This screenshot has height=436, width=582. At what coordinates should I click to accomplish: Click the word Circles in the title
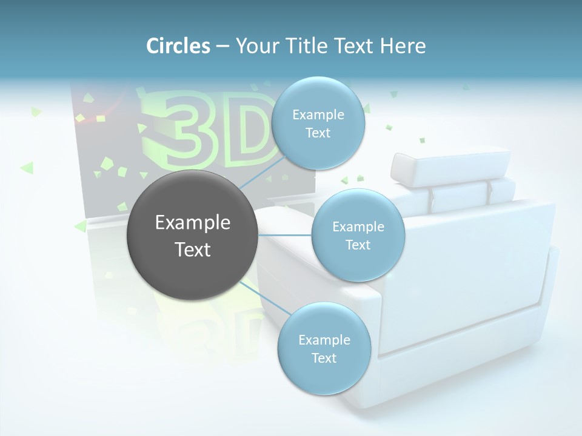click(178, 45)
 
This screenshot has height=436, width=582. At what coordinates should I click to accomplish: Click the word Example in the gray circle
click(193, 223)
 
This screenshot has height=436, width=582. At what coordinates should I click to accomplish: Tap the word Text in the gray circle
click(193, 249)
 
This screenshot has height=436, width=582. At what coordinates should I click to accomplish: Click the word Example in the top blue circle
click(318, 115)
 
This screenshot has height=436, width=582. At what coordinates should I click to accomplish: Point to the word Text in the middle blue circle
click(358, 245)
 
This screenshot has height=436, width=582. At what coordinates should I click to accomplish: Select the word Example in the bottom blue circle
click(324, 340)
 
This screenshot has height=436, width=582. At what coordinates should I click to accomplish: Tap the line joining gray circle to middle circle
click(285, 235)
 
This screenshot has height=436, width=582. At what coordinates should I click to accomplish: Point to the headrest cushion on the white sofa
click(450, 165)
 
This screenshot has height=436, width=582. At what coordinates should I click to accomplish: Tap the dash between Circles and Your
click(222, 46)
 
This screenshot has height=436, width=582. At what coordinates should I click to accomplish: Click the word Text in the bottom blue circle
click(324, 358)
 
